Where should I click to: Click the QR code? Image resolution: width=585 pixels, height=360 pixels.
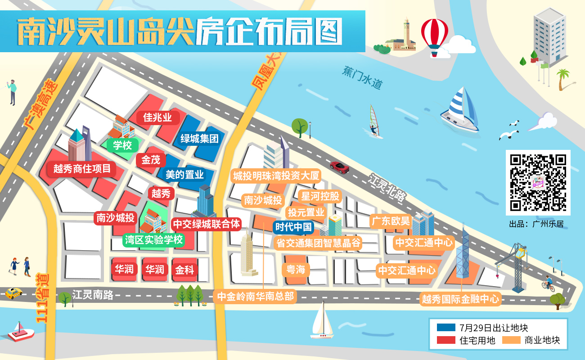(x=538, y=182)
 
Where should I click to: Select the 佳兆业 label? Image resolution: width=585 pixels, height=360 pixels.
(x=157, y=118)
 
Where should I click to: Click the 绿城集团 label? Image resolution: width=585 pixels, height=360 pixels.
(x=199, y=138)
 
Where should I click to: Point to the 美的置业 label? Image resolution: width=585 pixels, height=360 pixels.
(x=184, y=175)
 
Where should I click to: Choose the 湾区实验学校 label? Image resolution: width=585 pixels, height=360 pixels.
(x=154, y=239)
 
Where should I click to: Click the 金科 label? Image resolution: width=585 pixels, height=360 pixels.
(x=184, y=270)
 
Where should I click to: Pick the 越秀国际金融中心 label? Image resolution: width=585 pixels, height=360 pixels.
(x=460, y=299)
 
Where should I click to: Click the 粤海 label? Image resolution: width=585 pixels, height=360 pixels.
(x=296, y=270)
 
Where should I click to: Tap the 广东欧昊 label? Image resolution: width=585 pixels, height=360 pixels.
(x=390, y=221)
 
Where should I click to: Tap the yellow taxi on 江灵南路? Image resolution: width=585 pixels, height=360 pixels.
(x=13, y=293)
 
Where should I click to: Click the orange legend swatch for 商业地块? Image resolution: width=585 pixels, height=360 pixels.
(x=510, y=340)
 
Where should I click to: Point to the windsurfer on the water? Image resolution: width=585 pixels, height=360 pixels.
(x=373, y=121)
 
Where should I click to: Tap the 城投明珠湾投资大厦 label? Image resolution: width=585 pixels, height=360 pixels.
(x=276, y=175)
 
